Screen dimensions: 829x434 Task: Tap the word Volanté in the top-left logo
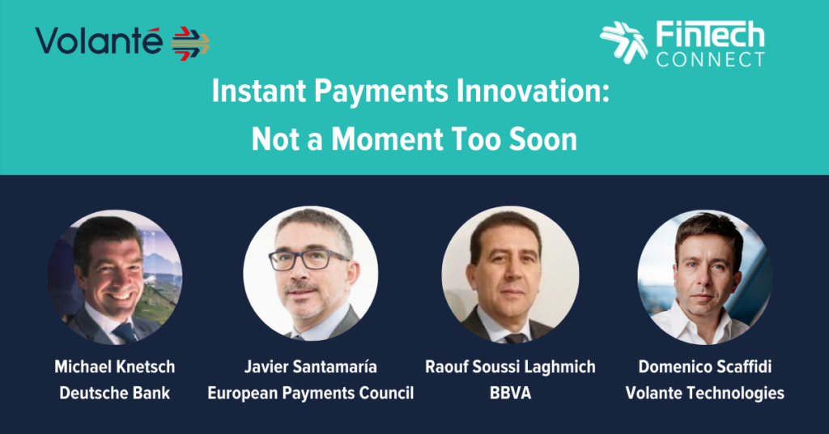99,40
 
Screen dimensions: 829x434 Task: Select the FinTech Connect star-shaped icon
623,42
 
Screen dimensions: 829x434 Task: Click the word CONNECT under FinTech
711,58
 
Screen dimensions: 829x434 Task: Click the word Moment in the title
387,139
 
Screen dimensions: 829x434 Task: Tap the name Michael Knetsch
115,367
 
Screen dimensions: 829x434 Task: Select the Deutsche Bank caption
115,394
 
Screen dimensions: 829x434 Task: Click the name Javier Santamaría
310,367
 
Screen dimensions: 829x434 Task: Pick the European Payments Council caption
310,394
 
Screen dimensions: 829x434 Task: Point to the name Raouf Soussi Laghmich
510,367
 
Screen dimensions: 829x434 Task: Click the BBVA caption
510,394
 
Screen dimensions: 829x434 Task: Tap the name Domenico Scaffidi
705,367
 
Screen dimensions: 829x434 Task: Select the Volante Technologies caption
705,394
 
